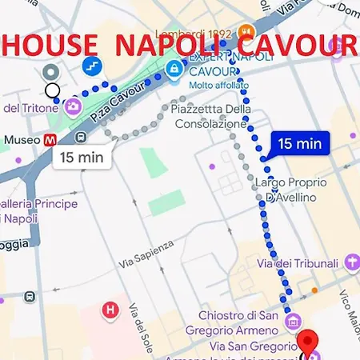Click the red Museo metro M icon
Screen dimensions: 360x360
(50, 138)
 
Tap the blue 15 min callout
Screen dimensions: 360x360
(300, 143)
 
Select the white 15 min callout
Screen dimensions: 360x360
(82, 157)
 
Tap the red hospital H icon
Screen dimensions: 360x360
(111, 309)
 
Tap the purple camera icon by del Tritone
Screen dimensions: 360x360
(74, 106)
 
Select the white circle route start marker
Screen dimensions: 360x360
(52, 90)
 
